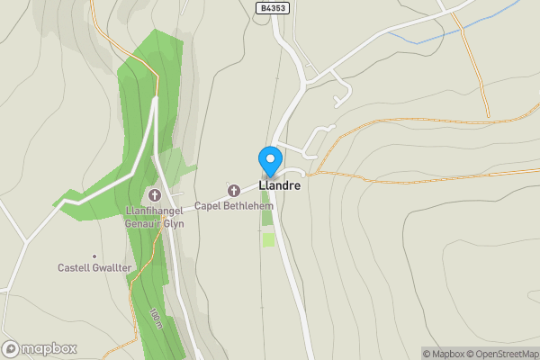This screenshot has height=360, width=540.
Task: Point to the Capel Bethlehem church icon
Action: (x=234, y=190)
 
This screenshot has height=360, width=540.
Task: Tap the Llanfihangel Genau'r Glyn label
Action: (x=155, y=217)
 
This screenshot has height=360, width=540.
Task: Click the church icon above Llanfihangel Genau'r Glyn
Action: (x=154, y=194)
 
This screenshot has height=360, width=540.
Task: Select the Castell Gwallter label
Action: (x=94, y=267)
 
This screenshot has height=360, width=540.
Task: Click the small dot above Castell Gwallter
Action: (x=94, y=256)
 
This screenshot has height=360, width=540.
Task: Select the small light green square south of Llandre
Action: (x=268, y=239)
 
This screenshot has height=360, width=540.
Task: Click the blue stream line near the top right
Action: (x=423, y=36)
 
